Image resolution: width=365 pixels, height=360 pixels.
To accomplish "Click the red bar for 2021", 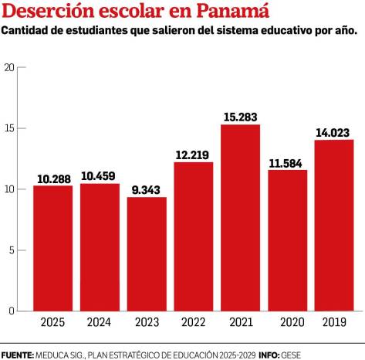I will point(240,218).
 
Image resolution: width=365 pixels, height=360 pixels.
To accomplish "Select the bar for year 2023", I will point(147,254).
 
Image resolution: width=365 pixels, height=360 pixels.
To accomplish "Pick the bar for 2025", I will point(52,248).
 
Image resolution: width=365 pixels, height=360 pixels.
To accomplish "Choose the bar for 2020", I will point(287,240).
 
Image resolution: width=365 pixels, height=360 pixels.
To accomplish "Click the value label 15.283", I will point(240,116).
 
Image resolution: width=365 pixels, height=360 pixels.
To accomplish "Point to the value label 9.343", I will point(147,189).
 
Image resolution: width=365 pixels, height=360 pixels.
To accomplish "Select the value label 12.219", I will point(193,154).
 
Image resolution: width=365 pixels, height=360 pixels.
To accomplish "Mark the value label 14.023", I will point(334,132).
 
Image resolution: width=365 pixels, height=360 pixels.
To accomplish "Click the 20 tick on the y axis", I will point(10,67).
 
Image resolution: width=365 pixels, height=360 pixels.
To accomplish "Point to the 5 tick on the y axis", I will point(12,250).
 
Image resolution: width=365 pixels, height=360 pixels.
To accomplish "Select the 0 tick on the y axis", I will point(12,311).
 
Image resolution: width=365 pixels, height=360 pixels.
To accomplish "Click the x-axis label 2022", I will point(193,322).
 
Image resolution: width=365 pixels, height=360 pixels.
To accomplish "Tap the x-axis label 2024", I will point(100,322).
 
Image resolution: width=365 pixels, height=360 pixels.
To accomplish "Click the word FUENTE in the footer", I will point(17,354).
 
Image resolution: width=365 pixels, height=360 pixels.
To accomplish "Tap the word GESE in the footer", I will point(291,354).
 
